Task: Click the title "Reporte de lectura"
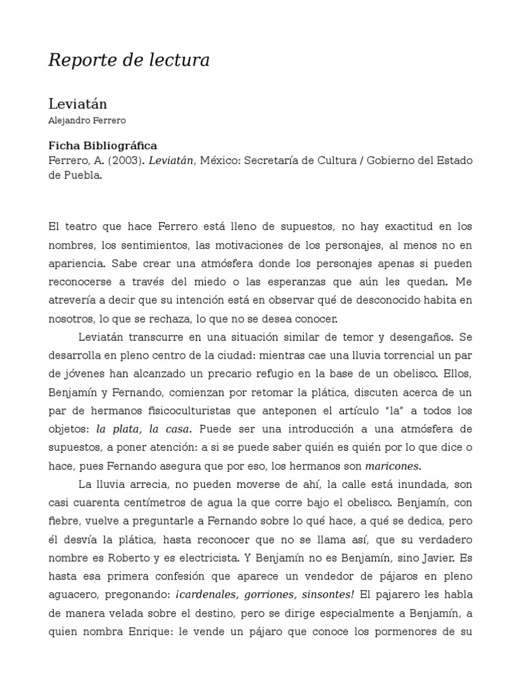click(x=129, y=60)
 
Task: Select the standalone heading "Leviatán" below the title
click(x=77, y=104)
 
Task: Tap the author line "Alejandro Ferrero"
click(x=87, y=120)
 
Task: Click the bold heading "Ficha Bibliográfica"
click(x=102, y=146)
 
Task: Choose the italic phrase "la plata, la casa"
click(x=144, y=428)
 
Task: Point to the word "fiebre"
click(x=64, y=520)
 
